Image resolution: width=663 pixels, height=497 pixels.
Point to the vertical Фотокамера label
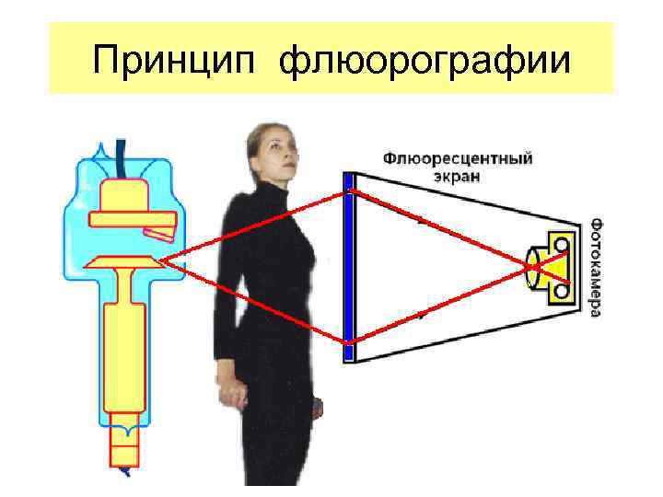pos(596,267)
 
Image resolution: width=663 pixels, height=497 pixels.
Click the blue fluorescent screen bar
pos(349,266)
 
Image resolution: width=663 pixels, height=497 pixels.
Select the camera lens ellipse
pos(533,267)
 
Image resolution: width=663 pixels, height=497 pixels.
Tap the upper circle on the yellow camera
pos(560,244)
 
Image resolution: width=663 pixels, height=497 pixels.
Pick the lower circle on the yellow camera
pos(560,291)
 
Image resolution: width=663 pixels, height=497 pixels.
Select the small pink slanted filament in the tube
pos(157,234)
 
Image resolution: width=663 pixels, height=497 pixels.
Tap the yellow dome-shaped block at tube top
pos(127,195)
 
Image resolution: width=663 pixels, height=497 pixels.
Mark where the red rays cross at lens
pos(533,267)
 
